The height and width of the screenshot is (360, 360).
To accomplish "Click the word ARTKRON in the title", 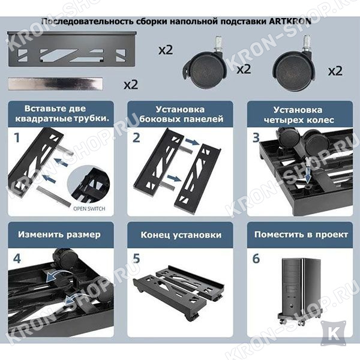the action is (x=290, y=22).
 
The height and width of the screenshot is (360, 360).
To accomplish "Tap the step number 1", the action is (x=17, y=138).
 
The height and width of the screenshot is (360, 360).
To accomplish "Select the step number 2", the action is (x=136, y=138).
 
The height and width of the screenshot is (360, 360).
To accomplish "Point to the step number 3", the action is (x=256, y=138).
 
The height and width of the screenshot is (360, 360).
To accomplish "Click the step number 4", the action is (x=17, y=259).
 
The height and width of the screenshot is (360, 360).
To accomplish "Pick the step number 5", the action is (x=137, y=259).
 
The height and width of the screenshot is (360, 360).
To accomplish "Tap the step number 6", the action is (x=256, y=259).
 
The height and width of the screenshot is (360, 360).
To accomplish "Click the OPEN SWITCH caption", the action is (x=89, y=209).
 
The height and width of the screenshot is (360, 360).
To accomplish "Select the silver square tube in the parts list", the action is (x=55, y=84).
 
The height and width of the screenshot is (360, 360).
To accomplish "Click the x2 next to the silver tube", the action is (x=131, y=85).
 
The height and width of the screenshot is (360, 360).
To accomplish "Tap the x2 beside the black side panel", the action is (x=166, y=50).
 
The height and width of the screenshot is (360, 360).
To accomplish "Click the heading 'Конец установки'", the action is (x=181, y=235).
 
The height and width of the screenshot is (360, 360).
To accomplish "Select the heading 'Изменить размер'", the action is (x=59, y=235).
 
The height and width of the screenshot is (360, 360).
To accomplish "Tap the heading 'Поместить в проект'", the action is (x=301, y=235).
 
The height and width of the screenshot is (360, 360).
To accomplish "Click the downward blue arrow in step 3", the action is (x=308, y=174).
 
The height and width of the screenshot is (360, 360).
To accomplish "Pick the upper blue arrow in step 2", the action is (x=192, y=142).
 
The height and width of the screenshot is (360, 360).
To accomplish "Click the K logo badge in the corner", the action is (x=334, y=333).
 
